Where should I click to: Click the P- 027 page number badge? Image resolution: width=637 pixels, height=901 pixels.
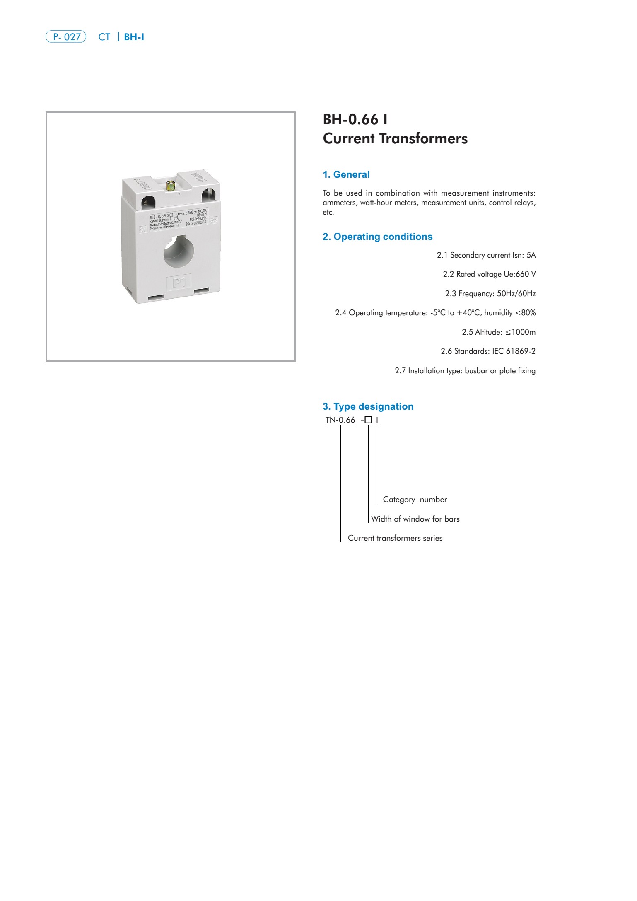[x=66, y=37]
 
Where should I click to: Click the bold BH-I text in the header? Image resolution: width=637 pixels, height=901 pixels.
[x=134, y=37]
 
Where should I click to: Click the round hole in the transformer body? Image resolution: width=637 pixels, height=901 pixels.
[x=179, y=251]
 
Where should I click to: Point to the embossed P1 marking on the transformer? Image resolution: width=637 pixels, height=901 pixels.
[x=179, y=283]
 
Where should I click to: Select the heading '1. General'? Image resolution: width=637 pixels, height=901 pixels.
[x=346, y=174]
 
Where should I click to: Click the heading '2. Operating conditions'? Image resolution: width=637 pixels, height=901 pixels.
[x=377, y=237]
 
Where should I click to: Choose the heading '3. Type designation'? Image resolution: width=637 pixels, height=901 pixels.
[x=368, y=406]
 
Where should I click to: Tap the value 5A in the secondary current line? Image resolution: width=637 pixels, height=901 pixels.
[x=531, y=255]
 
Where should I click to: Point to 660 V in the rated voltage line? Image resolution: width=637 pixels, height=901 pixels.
[x=526, y=274]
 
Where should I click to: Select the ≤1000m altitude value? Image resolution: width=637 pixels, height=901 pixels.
[x=520, y=332]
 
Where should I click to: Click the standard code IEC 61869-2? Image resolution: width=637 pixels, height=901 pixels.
[x=514, y=351]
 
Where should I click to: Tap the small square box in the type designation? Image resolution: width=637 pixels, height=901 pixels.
[x=369, y=420]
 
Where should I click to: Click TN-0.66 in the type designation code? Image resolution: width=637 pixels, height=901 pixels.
[x=340, y=420]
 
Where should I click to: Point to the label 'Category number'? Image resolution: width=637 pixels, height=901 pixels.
[x=415, y=500]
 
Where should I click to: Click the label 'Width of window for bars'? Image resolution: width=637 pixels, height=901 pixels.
[x=415, y=519]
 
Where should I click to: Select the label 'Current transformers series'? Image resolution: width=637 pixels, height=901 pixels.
[x=395, y=538]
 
